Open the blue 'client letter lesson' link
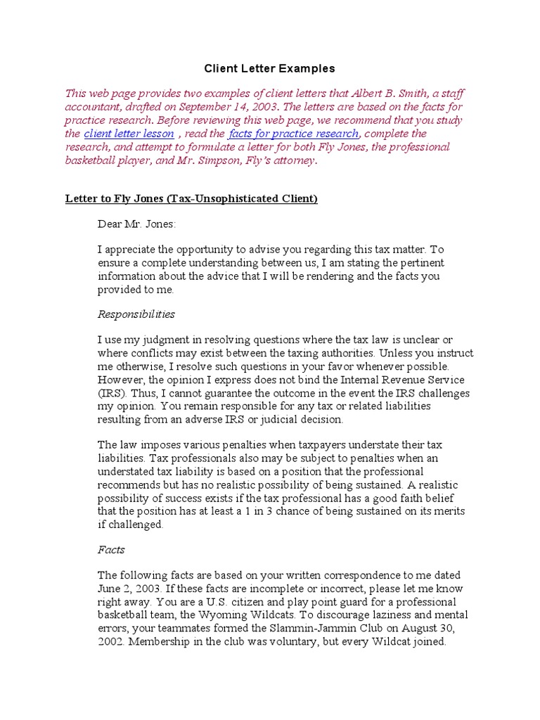click(x=129, y=134)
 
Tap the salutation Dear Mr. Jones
click(x=137, y=224)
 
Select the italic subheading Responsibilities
click(x=136, y=314)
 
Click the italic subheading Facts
click(x=110, y=550)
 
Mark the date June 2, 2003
click(x=127, y=589)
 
